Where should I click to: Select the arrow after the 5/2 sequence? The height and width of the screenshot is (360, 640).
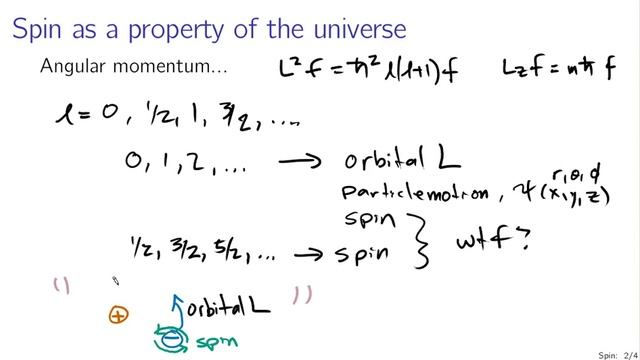coord(320,253)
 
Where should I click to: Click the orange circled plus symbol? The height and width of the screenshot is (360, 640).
coord(119,315)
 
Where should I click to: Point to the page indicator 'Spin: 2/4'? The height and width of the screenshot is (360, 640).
coord(611,353)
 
